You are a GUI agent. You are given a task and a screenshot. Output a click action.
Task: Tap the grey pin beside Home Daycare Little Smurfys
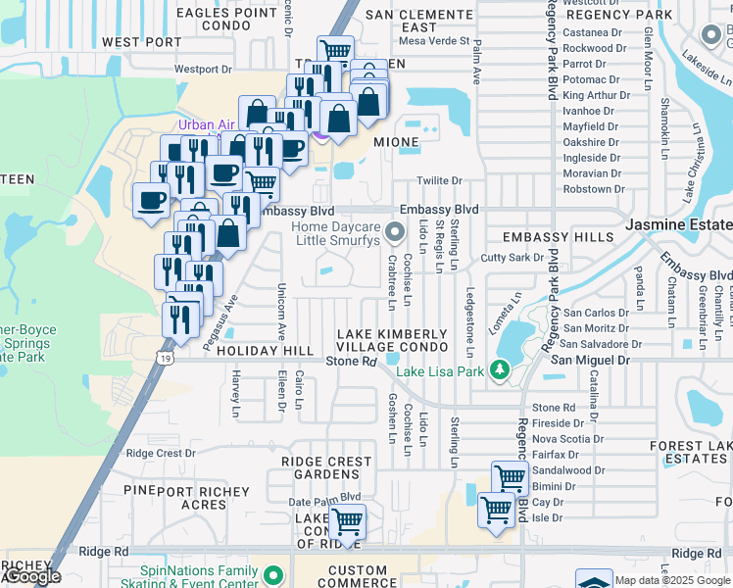tap(395, 232)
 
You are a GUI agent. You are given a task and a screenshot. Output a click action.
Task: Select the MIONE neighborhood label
tap(395, 142)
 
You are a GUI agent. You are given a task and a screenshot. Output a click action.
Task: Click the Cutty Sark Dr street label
tap(513, 258)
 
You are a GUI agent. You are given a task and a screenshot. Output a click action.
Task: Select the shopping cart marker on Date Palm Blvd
tap(347, 521)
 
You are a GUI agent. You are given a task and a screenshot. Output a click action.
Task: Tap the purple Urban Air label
tap(207, 124)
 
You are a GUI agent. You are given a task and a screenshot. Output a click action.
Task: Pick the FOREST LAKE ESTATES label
tap(690, 452)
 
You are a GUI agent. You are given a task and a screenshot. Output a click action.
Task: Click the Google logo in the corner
tap(32, 577)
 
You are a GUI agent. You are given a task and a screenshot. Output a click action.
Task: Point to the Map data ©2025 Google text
tap(672, 580)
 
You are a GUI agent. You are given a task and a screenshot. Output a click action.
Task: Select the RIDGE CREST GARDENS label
tap(326, 467)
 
